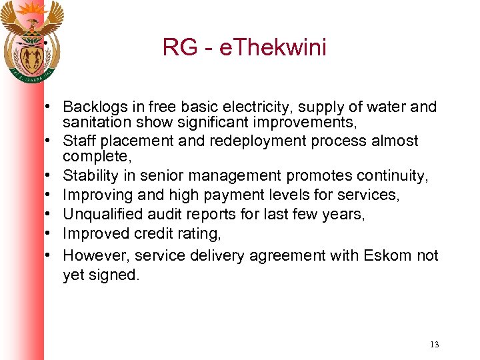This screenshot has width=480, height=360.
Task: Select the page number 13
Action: pos(434,345)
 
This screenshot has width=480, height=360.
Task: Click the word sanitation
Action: pos(93,123)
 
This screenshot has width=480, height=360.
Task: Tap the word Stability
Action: pos(89,176)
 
